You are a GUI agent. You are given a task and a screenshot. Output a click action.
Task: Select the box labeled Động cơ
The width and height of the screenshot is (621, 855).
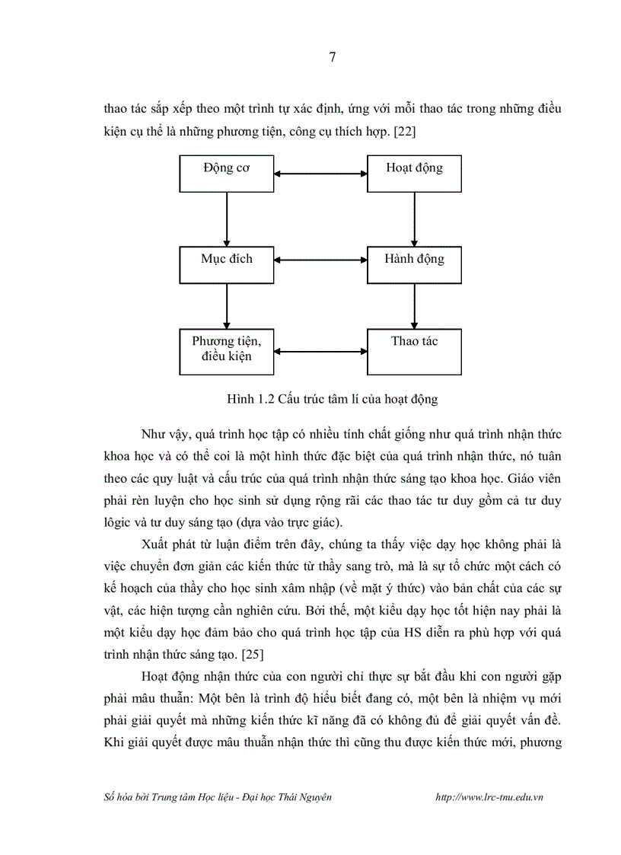point(227,174)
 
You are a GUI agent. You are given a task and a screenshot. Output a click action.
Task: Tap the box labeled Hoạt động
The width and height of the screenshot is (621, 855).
point(414,174)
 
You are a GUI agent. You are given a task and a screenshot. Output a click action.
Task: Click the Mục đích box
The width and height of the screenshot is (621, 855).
point(227,264)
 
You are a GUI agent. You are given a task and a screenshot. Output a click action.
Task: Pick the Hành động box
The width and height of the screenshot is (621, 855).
point(414,264)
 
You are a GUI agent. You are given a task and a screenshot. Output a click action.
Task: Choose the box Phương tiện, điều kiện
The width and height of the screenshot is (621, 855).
point(227,351)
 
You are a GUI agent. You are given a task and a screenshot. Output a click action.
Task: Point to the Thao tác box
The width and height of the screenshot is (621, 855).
point(414,351)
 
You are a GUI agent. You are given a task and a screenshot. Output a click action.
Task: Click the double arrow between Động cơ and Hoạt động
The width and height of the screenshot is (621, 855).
point(320,174)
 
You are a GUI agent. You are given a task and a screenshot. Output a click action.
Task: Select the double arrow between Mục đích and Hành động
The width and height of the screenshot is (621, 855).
point(320,259)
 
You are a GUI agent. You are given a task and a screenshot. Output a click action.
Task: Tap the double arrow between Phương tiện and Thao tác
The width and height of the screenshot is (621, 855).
point(320,352)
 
